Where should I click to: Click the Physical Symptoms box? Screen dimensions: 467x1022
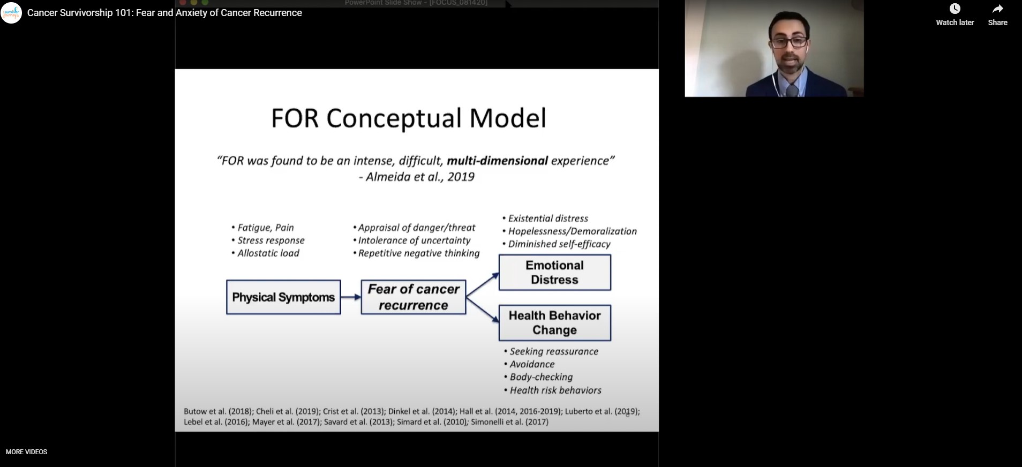pos(283,297)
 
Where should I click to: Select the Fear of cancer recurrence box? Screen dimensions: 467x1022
pos(414,297)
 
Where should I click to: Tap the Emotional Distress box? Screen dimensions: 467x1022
pos(554,273)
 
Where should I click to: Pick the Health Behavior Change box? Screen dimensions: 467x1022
pos(554,323)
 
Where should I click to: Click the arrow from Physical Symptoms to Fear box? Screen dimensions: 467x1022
pos(351,297)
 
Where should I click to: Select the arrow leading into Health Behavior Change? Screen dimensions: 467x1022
pos(483,310)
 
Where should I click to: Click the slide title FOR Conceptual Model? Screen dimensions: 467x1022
pos(409,118)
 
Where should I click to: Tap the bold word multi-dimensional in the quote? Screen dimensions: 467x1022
pos(497,161)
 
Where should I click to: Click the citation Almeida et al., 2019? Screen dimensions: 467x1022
pos(417,177)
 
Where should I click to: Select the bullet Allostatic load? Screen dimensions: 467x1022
pos(268,253)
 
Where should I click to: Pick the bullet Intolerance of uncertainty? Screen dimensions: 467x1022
pos(414,240)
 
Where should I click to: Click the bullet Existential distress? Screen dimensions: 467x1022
pos(547,219)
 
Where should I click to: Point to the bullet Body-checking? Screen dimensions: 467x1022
pos(541,377)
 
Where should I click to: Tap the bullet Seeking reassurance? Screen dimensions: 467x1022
pos(554,351)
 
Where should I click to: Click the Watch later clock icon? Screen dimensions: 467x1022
pos(955,9)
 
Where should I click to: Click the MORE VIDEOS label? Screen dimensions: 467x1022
pos(27,452)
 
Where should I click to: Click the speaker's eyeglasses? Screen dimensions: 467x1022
pos(789,42)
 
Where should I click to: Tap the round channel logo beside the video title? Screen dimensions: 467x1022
pos(11,12)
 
